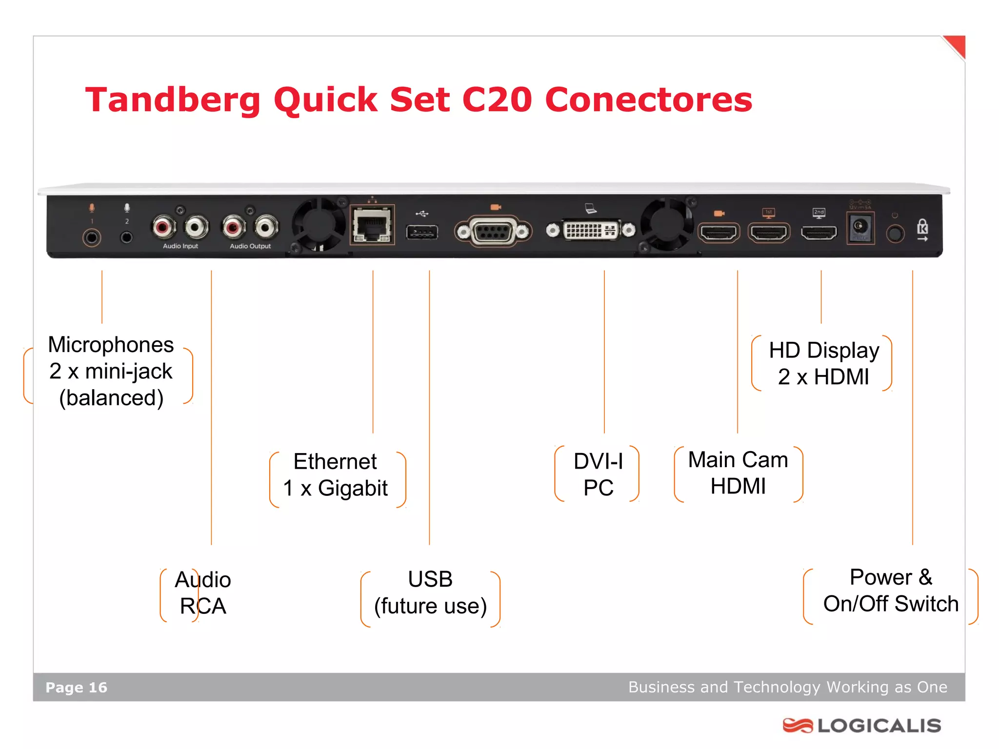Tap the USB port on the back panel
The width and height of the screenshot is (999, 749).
(422, 232)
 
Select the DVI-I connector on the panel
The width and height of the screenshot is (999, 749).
(590, 230)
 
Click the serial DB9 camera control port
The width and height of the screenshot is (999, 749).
(493, 232)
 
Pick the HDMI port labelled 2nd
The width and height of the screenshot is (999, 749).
(819, 233)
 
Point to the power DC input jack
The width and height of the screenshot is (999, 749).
(860, 227)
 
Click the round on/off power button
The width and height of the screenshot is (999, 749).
(895, 234)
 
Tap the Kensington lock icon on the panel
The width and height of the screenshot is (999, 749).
(922, 229)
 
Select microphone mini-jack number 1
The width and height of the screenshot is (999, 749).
(92, 237)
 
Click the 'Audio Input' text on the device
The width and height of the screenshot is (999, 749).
(180, 246)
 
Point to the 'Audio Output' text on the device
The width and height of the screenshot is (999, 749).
(250, 246)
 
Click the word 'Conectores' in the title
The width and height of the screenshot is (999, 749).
(648, 100)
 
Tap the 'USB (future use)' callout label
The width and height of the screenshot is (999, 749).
(430, 593)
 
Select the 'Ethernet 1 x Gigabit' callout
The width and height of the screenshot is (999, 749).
(336, 475)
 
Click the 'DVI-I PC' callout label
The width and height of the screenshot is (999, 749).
(598, 474)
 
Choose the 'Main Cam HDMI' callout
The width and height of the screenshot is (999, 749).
(738, 473)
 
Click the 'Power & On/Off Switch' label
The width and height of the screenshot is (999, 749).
(891, 591)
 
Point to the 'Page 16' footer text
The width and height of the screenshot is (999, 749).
(76, 688)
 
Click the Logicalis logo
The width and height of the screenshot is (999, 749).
(861, 726)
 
